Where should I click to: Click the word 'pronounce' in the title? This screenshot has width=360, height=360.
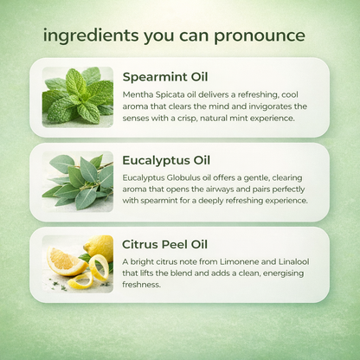[260, 36]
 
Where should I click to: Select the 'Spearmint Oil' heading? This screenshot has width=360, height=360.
[165, 77]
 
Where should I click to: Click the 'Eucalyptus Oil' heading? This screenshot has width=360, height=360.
[166, 161]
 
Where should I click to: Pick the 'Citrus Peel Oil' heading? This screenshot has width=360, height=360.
[164, 244]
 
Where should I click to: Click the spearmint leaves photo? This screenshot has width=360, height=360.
[78, 97]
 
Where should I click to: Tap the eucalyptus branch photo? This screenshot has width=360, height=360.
[78, 182]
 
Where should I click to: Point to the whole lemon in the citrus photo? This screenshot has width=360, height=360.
[99, 247]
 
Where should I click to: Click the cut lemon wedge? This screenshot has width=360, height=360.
[65, 261]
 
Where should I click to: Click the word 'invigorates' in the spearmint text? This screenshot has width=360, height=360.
[270, 106]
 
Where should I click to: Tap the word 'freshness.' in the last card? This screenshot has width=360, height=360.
[141, 285]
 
